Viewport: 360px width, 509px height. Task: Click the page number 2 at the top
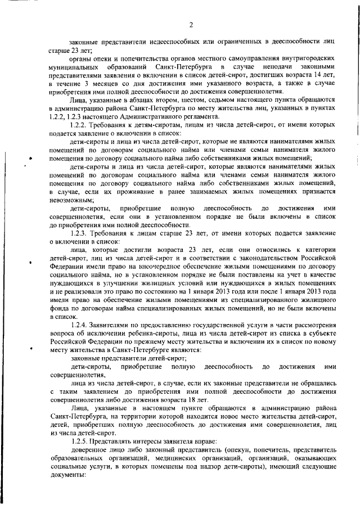coord(191,25)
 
